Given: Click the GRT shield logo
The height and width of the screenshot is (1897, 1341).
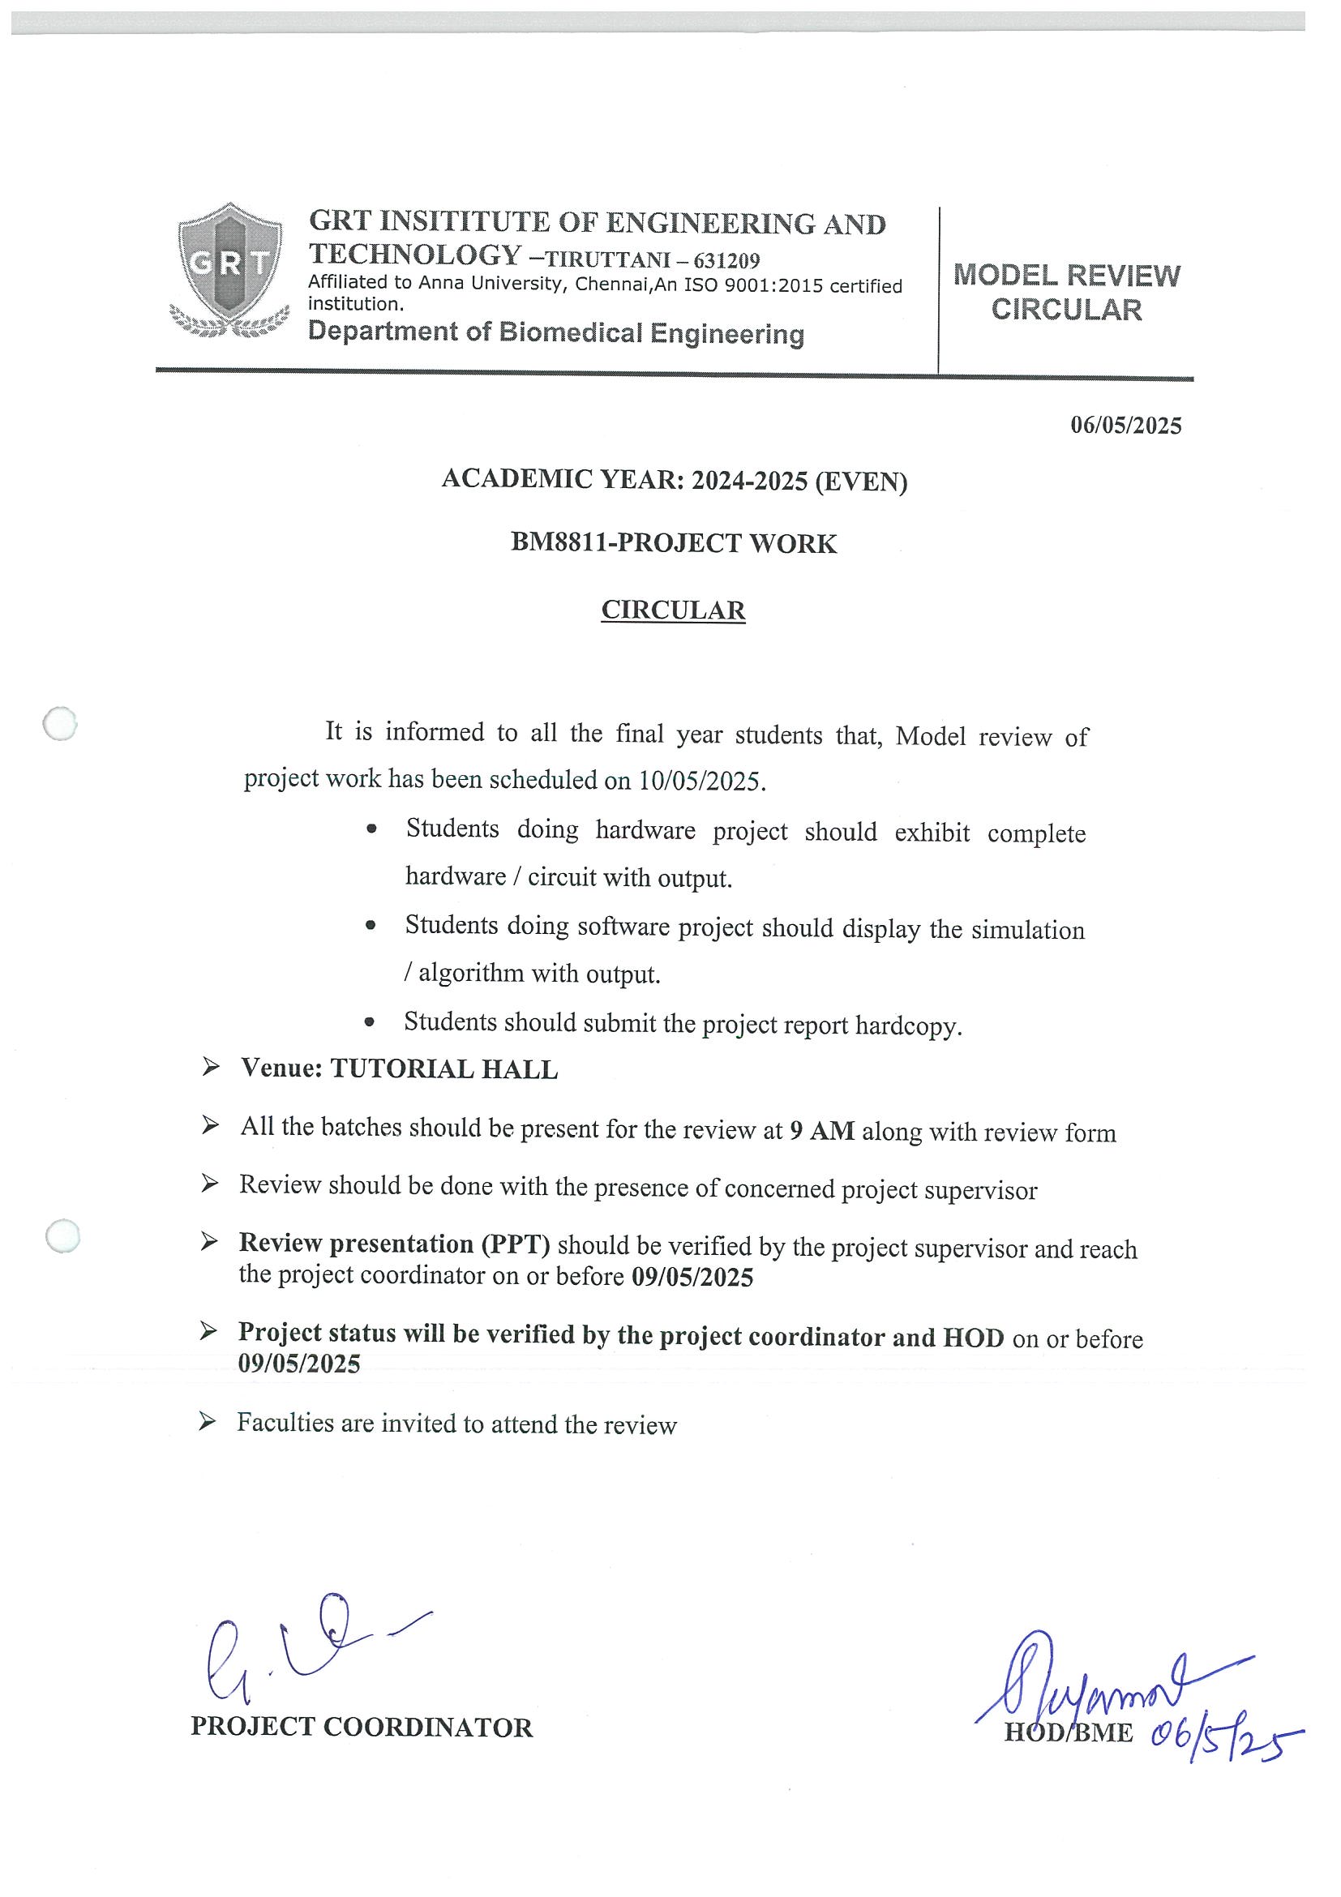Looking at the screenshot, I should click(x=229, y=270).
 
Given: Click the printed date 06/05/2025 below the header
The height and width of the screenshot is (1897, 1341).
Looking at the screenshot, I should click(x=1125, y=426).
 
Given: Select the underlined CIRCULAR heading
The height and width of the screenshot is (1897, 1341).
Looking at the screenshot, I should click(x=673, y=610).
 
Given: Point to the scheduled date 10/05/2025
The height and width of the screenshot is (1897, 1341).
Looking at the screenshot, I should click(x=699, y=781).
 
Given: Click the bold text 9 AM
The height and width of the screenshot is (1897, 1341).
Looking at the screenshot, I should click(x=821, y=1130).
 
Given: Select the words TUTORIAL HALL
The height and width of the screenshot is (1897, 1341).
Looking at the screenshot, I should click(x=443, y=1069).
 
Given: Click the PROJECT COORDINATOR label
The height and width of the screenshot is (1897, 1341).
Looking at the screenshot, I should click(x=362, y=1726).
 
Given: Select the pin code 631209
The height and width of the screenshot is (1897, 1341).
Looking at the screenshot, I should click(x=726, y=261).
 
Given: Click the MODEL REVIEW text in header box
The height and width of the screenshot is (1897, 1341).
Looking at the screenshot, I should click(x=1067, y=275).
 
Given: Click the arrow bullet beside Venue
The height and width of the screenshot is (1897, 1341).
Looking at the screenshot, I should click(x=211, y=1068).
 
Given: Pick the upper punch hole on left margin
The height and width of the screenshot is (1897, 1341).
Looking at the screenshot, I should click(x=59, y=725).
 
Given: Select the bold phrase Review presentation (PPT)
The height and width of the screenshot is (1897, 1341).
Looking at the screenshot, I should click(x=394, y=1244).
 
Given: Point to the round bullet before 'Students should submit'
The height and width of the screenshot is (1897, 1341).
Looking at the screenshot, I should click(x=370, y=1024).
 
